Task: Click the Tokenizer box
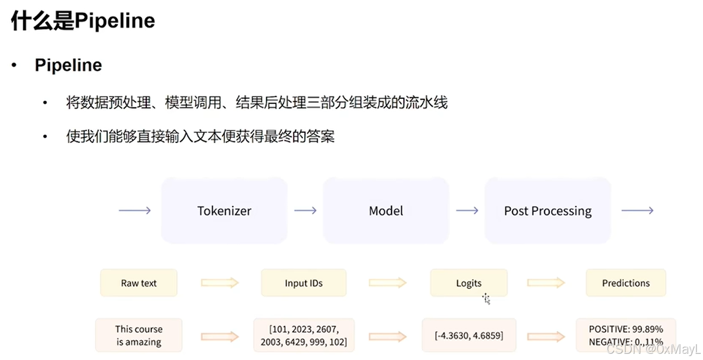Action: pyautogui.click(x=224, y=211)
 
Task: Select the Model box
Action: pyautogui.click(x=386, y=211)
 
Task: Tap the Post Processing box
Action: pyautogui.click(x=548, y=211)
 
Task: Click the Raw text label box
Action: pyautogui.click(x=138, y=283)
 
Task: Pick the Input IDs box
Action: pyautogui.click(x=303, y=283)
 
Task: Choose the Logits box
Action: pyautogui.click(x=468, y=283)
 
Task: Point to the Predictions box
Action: pyautogui.click(x=626, y=283)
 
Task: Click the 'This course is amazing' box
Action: pyautogui.click(x=138, y=336)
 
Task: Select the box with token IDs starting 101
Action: pyautogui.click(x=303, y=336)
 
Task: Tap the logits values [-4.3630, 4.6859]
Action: pyautogui.click(x=468, y=336)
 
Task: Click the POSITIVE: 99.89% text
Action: pyautogui.click(x=626, y=329)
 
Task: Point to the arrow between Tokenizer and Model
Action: pyautogui.click(x=305, y=211)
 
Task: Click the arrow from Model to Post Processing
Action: pyautogui.click(x=467, y=211)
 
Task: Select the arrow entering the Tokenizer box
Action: pyautogui.click(x=134, y=211)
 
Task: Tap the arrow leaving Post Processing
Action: pyautogui.click(x=637, y=211)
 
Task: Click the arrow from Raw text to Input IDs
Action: pyautogui.click(x=220, y=283)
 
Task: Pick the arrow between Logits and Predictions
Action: pyautogui.click(x=546, y=283)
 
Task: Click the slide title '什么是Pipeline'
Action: pyautogui.click(x=83, y=21)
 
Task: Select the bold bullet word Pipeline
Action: pyautogui.click(x=68, y=65)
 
